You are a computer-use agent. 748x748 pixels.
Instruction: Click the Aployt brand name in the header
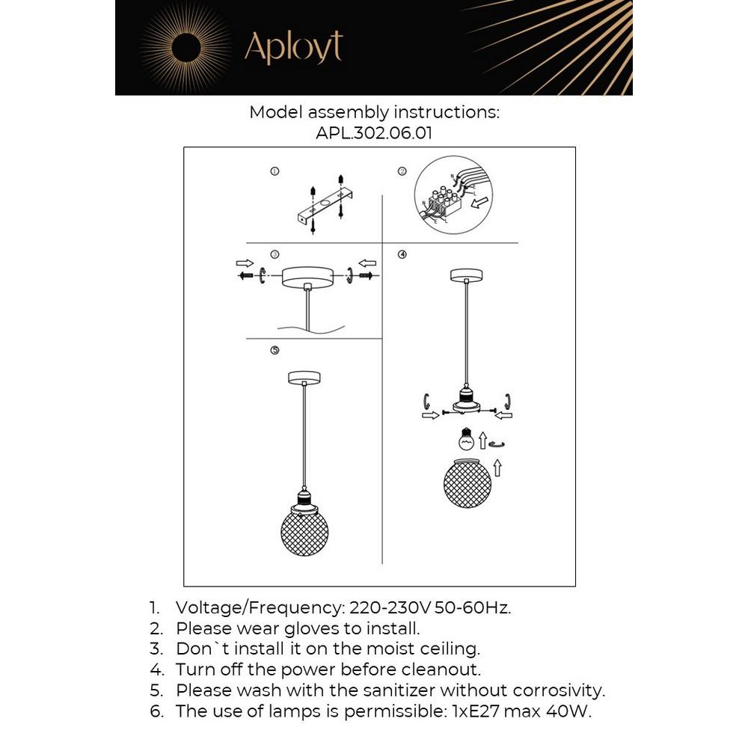[x=293, y=47]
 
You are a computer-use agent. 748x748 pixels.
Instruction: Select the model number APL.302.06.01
[x=374, y=133]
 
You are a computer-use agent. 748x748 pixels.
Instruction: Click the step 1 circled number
[x=275, y=171]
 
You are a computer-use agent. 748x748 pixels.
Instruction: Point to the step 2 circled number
[x=402, y=171]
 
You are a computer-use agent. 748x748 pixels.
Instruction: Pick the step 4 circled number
[x=402, y=254]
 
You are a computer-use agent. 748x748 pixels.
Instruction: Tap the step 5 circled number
[x=275, y=350]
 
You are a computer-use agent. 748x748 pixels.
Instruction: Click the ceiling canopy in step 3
[x=307, y=276]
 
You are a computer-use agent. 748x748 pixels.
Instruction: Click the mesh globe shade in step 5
[x=304, y=531]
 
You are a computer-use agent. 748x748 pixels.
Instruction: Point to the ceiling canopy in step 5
[x=304, y=378]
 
